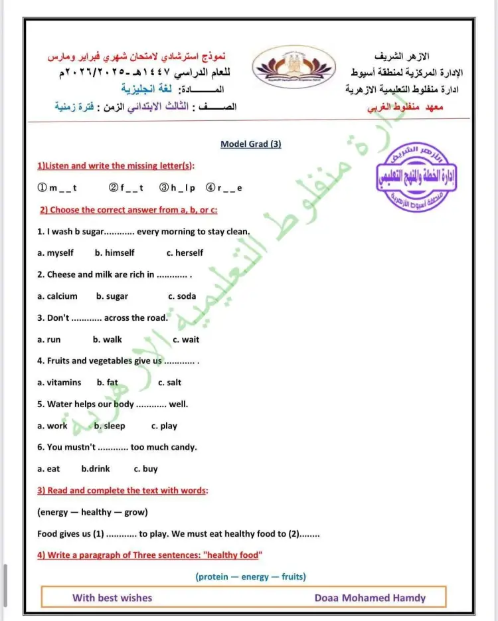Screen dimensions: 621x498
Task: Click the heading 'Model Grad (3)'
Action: (250, 144)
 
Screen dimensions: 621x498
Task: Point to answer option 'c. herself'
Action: (185, 253)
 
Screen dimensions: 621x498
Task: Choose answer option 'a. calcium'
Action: (57, 296)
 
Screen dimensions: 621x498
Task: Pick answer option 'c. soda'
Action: (182, 296)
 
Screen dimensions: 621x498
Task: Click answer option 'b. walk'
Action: (107, 339)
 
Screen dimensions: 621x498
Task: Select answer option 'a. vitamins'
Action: (59, 383)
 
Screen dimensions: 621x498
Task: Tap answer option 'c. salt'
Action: (169, 383)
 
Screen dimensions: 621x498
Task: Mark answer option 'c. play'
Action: (164, 426)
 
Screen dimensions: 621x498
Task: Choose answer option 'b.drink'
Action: (96, 469)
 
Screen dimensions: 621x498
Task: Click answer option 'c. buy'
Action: (145, 469)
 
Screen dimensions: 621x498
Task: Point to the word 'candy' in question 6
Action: (184, 448)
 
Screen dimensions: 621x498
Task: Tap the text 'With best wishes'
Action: (112, 597)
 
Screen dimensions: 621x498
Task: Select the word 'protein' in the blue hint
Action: (213, 577)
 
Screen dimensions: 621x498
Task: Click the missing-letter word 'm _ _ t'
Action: (62, 188)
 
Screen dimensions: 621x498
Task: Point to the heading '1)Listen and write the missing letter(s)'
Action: (120, 165)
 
